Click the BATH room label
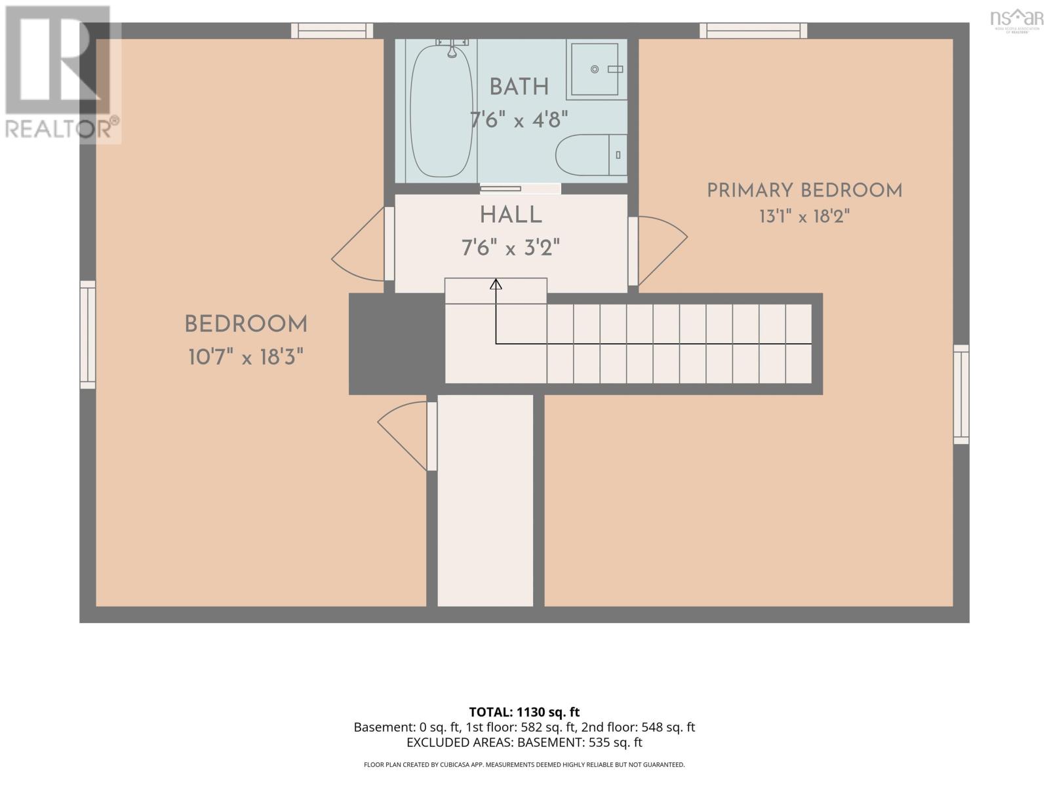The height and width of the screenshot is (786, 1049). click(519, 87)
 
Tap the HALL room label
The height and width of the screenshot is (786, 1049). click(510, 215)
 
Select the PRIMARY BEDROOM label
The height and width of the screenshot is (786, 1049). click(804, 191)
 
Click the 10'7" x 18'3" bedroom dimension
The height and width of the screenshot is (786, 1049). click(246, 357)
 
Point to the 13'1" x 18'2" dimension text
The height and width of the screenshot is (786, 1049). click(804, 217)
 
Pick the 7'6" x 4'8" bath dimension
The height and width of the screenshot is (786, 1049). click(519, 119)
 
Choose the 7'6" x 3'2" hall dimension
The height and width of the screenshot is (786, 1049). click(510, 248)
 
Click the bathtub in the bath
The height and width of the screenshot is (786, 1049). click(441, 111)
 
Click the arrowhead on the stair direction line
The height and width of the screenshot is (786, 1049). click(496, 284)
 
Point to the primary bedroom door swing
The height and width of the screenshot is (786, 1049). click(663, 251)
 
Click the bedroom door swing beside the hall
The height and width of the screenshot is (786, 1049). click(357, 244)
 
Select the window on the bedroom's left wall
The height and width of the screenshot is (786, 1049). click(88, 335)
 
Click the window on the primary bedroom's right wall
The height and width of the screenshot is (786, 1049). click(962, 395)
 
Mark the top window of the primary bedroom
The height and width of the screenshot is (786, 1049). click(753, 31)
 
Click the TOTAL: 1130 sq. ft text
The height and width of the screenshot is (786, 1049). click(524, 712)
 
